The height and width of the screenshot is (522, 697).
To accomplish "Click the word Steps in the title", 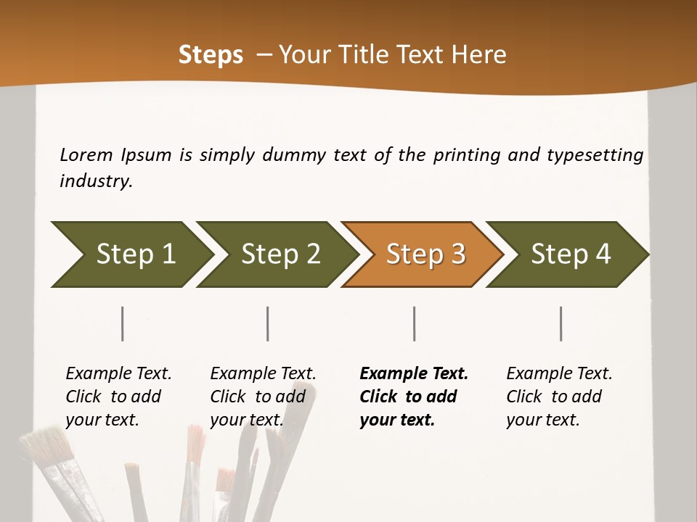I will pos(211,55).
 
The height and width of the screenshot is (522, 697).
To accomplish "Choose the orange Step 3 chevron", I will pos(425,254).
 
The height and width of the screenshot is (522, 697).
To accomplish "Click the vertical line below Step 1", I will pos(123,323).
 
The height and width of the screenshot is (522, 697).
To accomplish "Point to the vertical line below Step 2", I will pos(268,323).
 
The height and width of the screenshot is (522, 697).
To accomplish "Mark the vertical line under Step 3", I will pos(415,323).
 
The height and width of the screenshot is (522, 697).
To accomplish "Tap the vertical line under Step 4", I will pos(561,323).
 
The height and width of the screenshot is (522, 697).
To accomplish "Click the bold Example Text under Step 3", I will pos(414,397).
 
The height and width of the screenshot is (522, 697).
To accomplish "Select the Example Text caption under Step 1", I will pos(118,397).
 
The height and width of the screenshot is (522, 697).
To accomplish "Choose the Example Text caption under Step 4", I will pos(559,397).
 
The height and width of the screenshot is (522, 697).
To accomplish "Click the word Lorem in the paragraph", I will pos(87,155).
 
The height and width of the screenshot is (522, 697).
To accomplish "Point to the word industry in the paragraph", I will pos(96,181).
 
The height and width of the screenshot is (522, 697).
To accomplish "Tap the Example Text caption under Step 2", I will pos(263,397).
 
